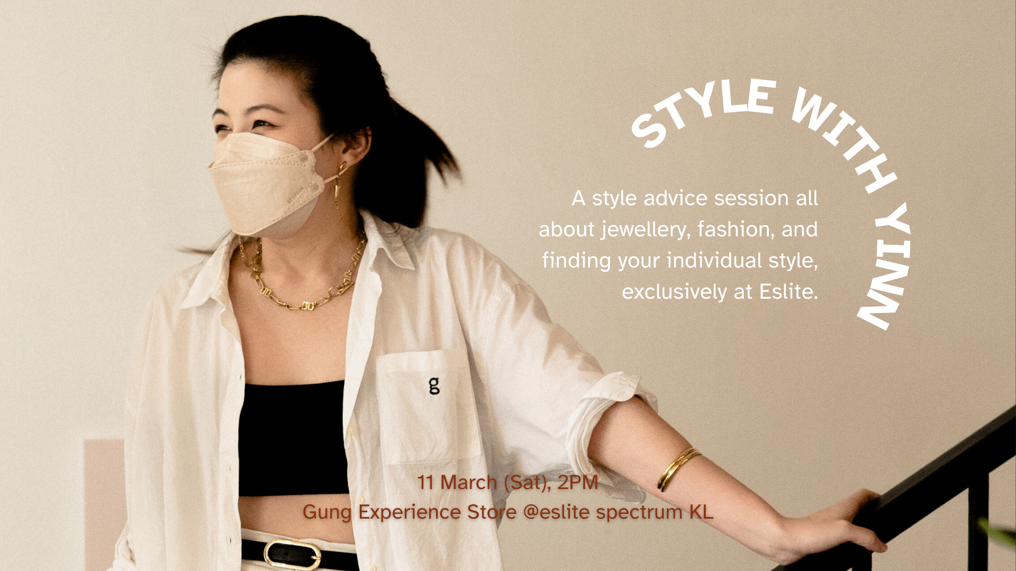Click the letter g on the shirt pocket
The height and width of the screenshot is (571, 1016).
click(434, 385)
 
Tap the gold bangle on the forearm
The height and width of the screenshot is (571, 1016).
click(678, 469)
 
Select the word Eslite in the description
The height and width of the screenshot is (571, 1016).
click(788, 292)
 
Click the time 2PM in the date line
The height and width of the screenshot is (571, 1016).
click(577, 482)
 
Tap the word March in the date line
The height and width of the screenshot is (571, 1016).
click(469, 482)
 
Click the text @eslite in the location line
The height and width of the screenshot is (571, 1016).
click(556, 512)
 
